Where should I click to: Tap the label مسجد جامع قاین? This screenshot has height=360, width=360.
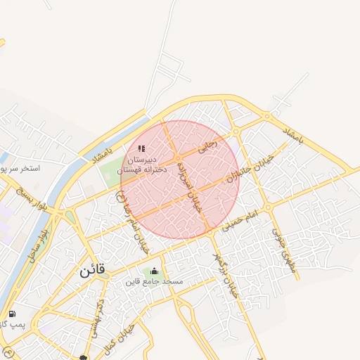click(154, 281)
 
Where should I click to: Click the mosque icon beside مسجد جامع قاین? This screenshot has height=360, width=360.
click(155, 271)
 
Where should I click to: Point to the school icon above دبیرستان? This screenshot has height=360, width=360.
click(141, 149)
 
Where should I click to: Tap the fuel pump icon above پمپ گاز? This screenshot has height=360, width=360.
click(11, 314)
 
